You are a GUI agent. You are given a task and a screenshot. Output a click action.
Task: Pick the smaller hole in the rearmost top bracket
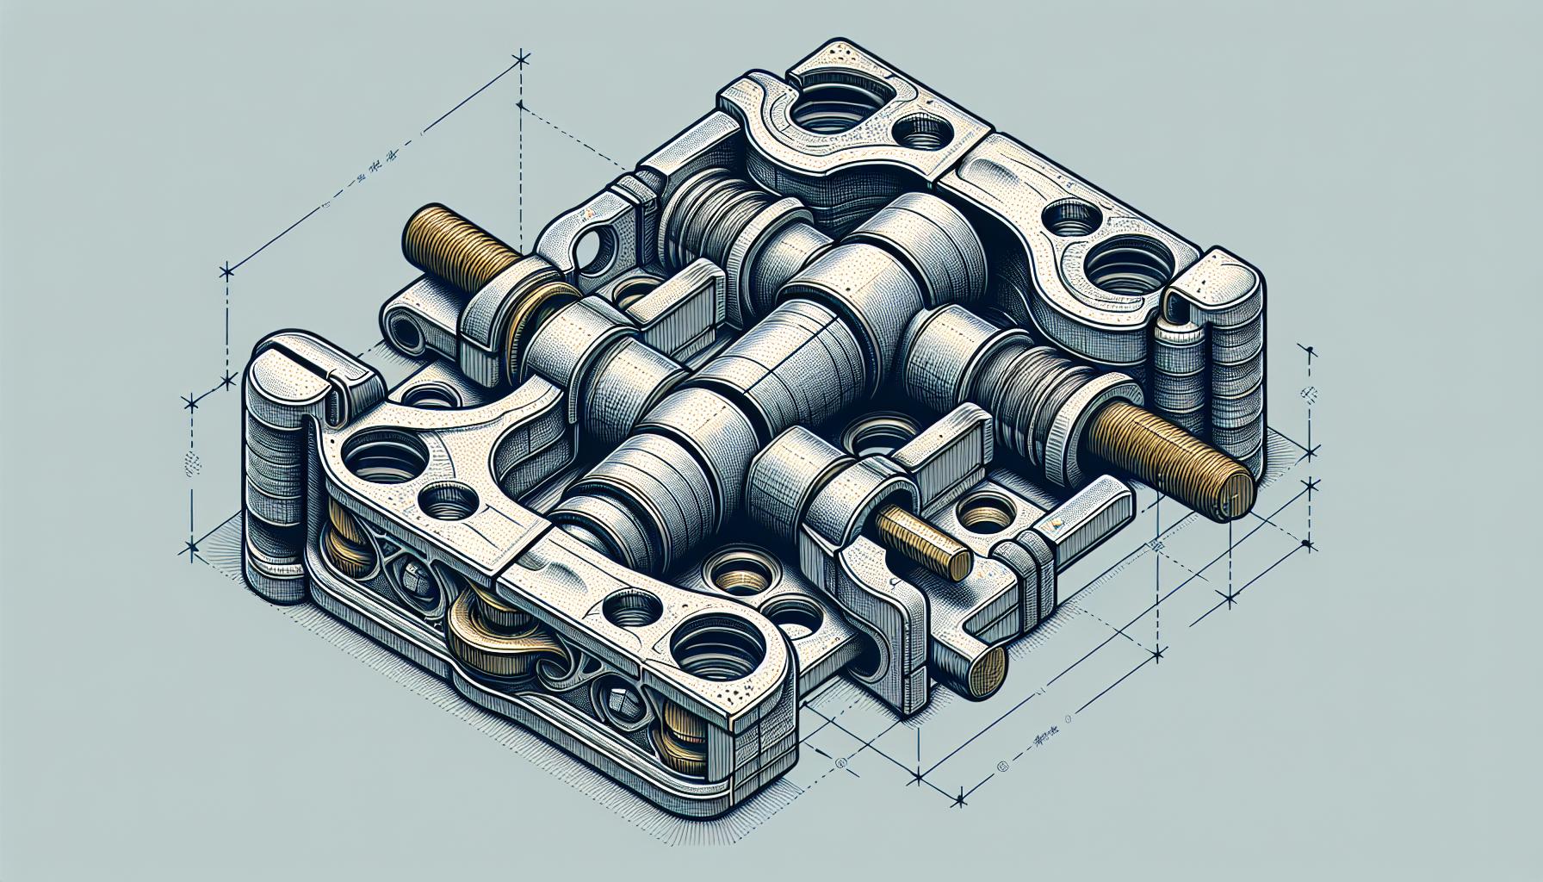pos(921,134)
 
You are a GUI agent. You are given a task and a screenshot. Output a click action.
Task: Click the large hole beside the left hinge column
pos(383,465)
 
